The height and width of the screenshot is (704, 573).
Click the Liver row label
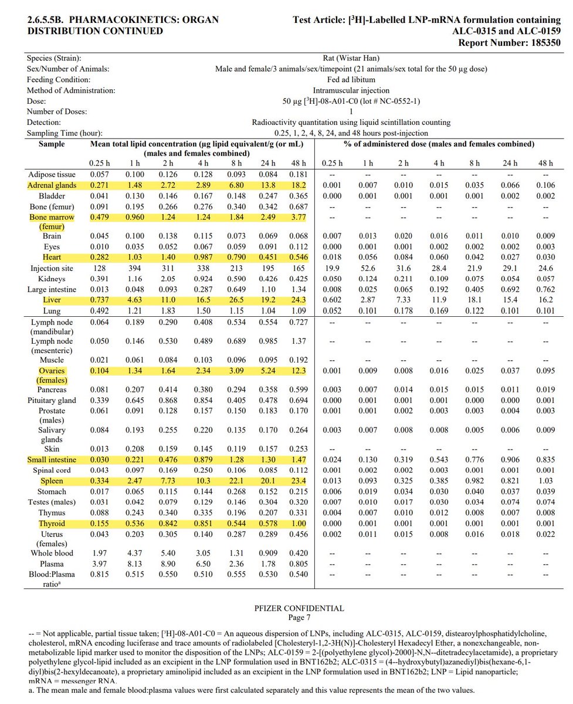(x=52, y=300)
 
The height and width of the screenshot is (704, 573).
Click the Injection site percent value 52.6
(x=367, y=268)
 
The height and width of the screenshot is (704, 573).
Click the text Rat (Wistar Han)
(x=351, y=58)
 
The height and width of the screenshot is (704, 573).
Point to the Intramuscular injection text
(x=351, y=90)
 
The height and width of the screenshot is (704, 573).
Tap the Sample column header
(x=52, y=143)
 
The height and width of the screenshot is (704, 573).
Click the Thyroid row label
(x=52, y=523)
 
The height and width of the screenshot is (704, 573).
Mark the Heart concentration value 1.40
(x=169, y=257)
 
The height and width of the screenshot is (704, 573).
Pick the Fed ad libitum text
(x=351, y=80)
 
